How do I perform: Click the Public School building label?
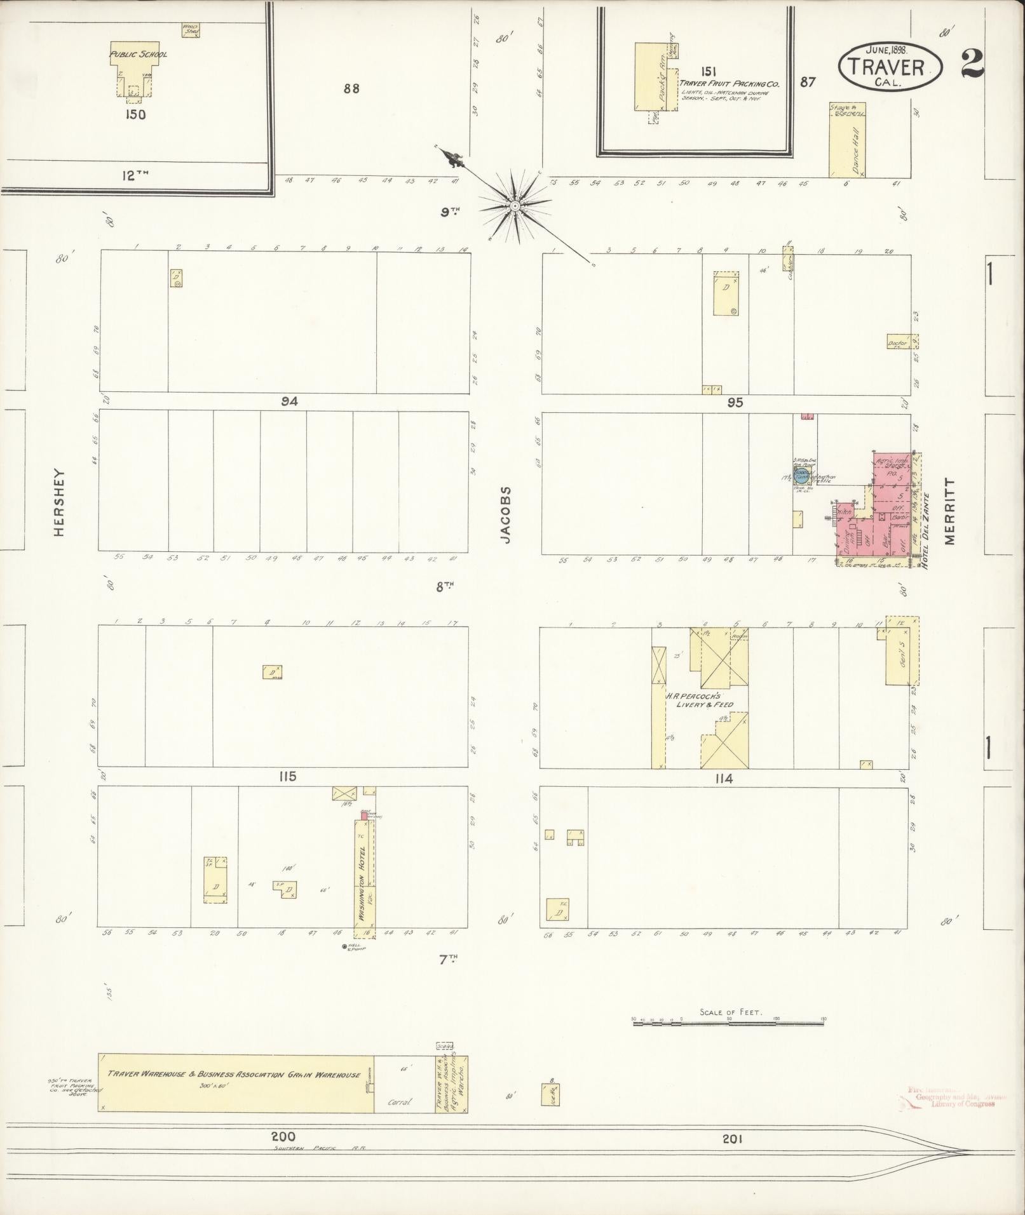pyautogui.click(x=139, y=55)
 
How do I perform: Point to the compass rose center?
pyautogui.click(x=513, y=205)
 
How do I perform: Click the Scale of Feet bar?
pyautogui.click(x=728, y=1024)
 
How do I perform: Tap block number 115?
pyautogui.click(x=287, y=776)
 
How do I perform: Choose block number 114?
pyautogui.click(x=723, y=779)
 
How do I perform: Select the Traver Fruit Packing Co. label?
pyautogui.click(x=729, y=83)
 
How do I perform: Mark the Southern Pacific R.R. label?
pyautogui.click(x=320, y=1148)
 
